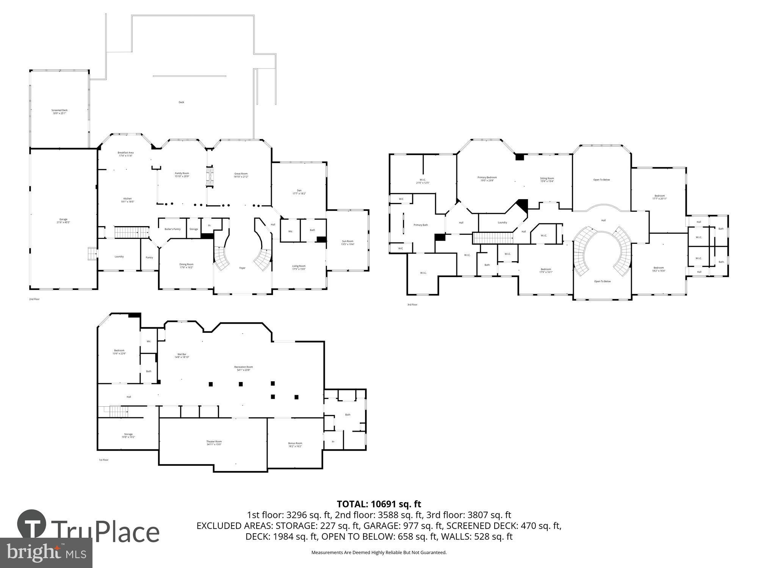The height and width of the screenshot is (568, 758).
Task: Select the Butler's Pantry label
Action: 172,229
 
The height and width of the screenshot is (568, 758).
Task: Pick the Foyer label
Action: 242,268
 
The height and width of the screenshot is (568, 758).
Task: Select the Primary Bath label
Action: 421,225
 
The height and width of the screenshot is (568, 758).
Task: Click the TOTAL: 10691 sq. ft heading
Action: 379,504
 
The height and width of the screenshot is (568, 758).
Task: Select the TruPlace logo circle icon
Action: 32,524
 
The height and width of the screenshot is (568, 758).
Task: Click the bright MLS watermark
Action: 46,553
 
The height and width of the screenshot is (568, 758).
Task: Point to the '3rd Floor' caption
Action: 412,304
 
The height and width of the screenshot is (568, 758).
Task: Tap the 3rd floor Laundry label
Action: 502,223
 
